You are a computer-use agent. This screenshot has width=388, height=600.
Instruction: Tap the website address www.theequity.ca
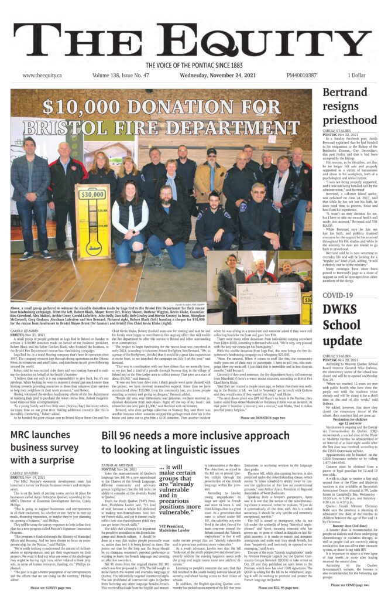click(x=44, y=76)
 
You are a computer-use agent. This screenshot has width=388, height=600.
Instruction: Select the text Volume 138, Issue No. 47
click(x=124, y=76)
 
